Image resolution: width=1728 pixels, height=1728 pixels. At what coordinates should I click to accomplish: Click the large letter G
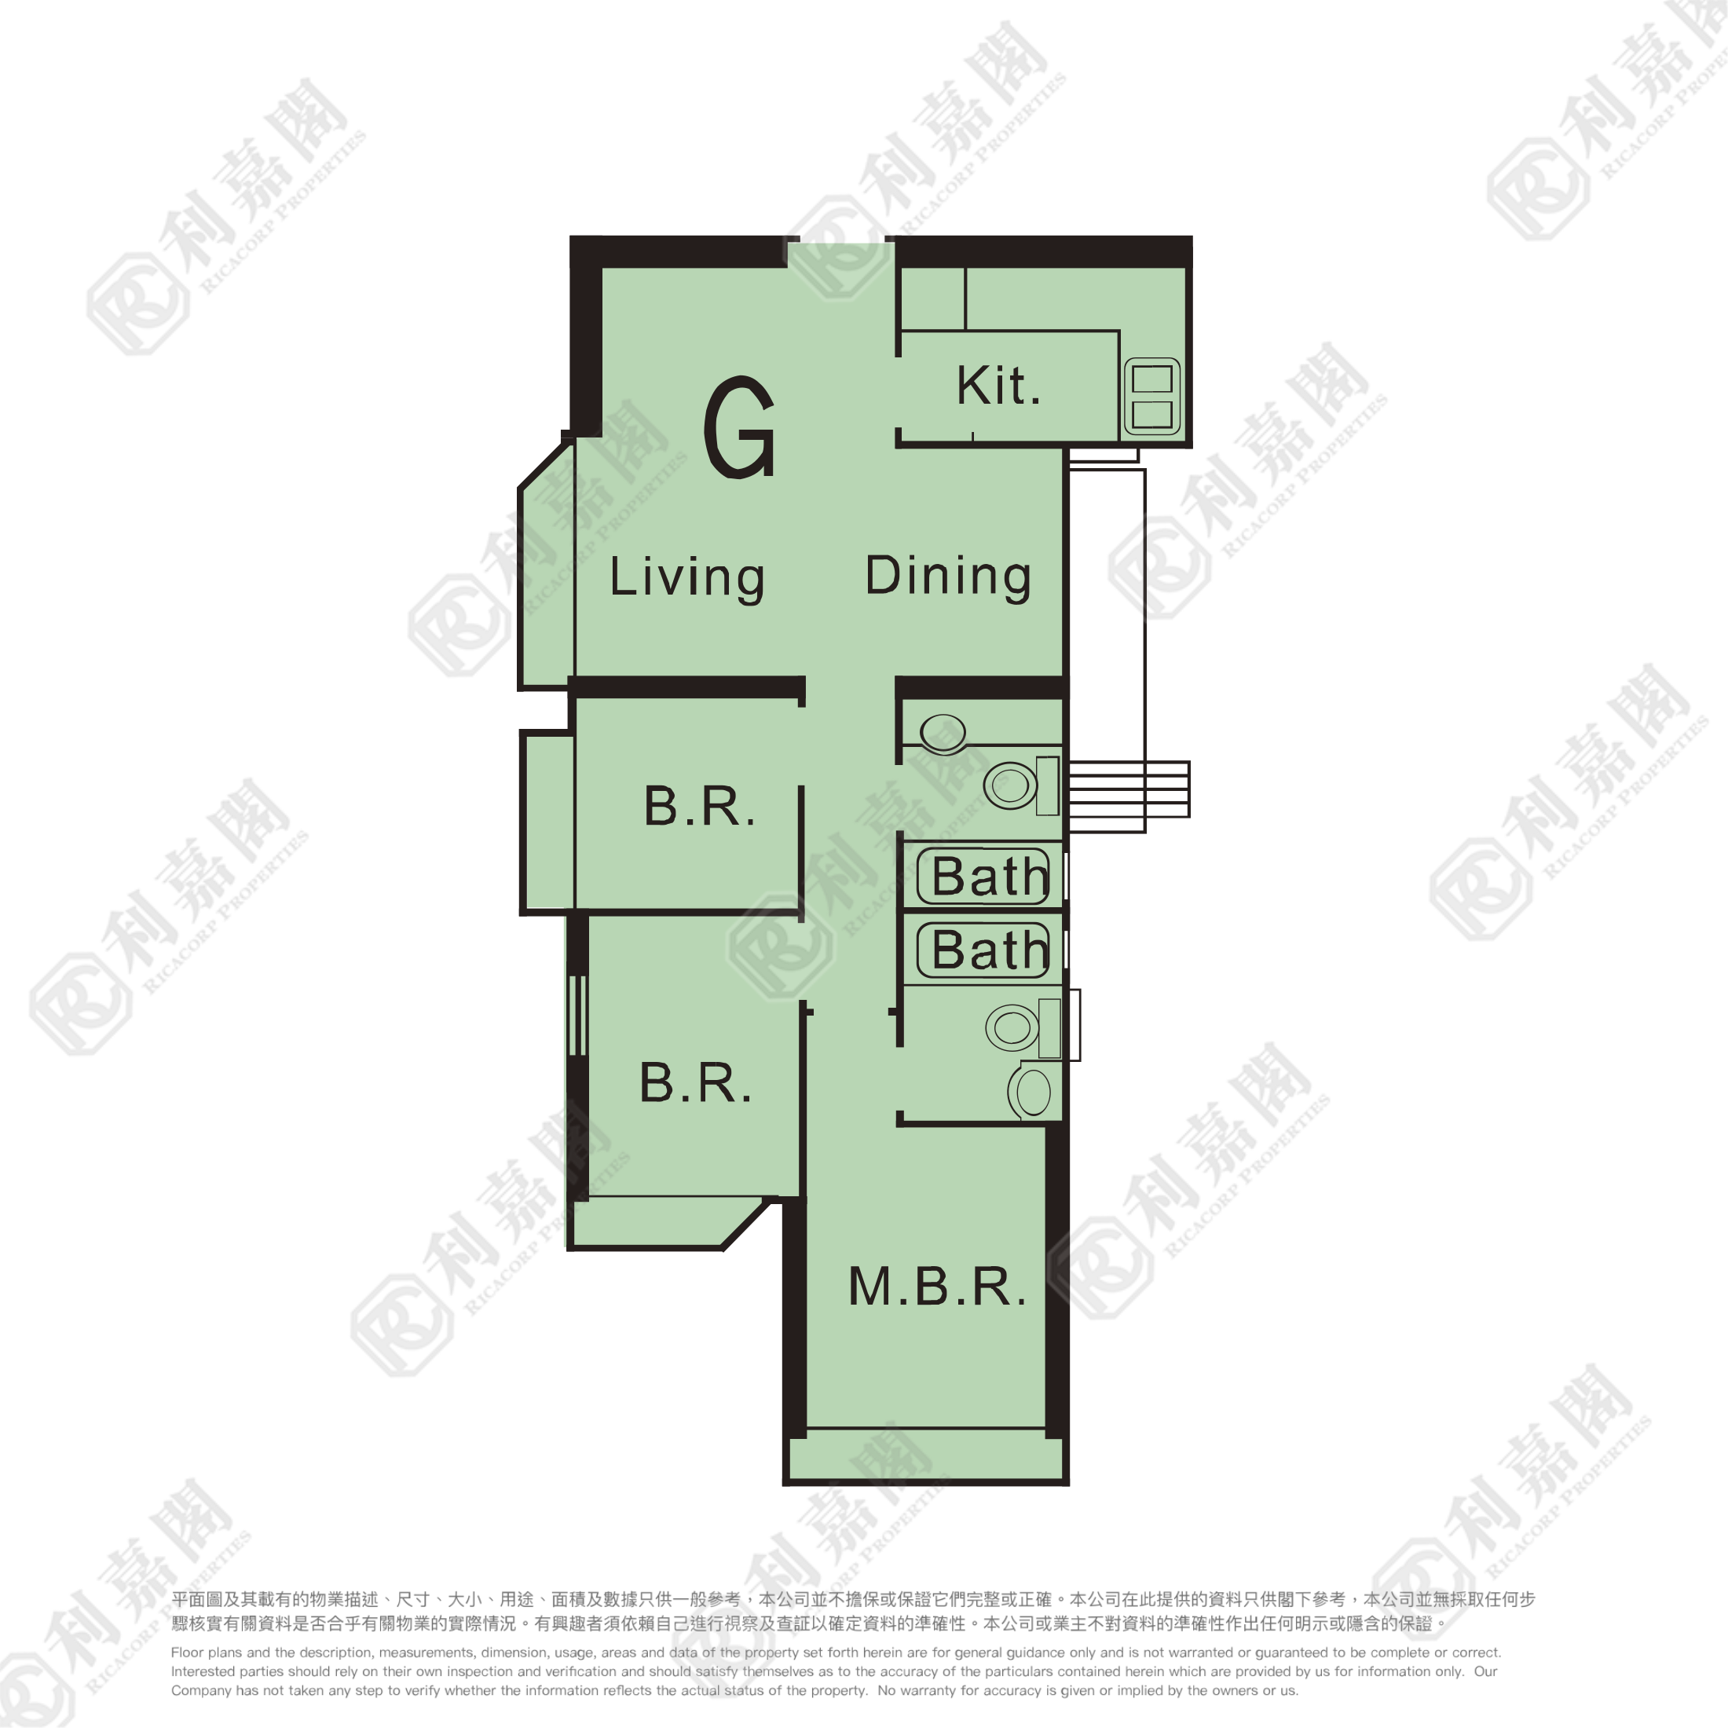(x=739, y=427)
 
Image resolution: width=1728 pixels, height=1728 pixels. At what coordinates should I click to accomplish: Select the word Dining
(x=948, y=575)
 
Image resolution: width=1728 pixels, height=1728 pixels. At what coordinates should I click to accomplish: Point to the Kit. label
(x=998, y=386)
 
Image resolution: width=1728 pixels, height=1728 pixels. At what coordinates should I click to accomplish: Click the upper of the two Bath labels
(x=989, y=876)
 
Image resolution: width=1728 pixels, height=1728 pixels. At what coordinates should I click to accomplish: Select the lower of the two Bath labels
(x=989, y=949)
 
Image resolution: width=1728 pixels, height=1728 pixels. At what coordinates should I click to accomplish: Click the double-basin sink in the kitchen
(x=1152, y=396)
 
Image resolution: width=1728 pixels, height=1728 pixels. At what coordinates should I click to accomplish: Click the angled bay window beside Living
(x=547, y=573)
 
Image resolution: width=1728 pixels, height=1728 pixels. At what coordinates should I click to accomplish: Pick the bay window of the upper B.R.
(x=547, y=821)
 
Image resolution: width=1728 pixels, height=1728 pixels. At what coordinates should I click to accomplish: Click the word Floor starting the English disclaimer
(x=187, y=1653)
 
